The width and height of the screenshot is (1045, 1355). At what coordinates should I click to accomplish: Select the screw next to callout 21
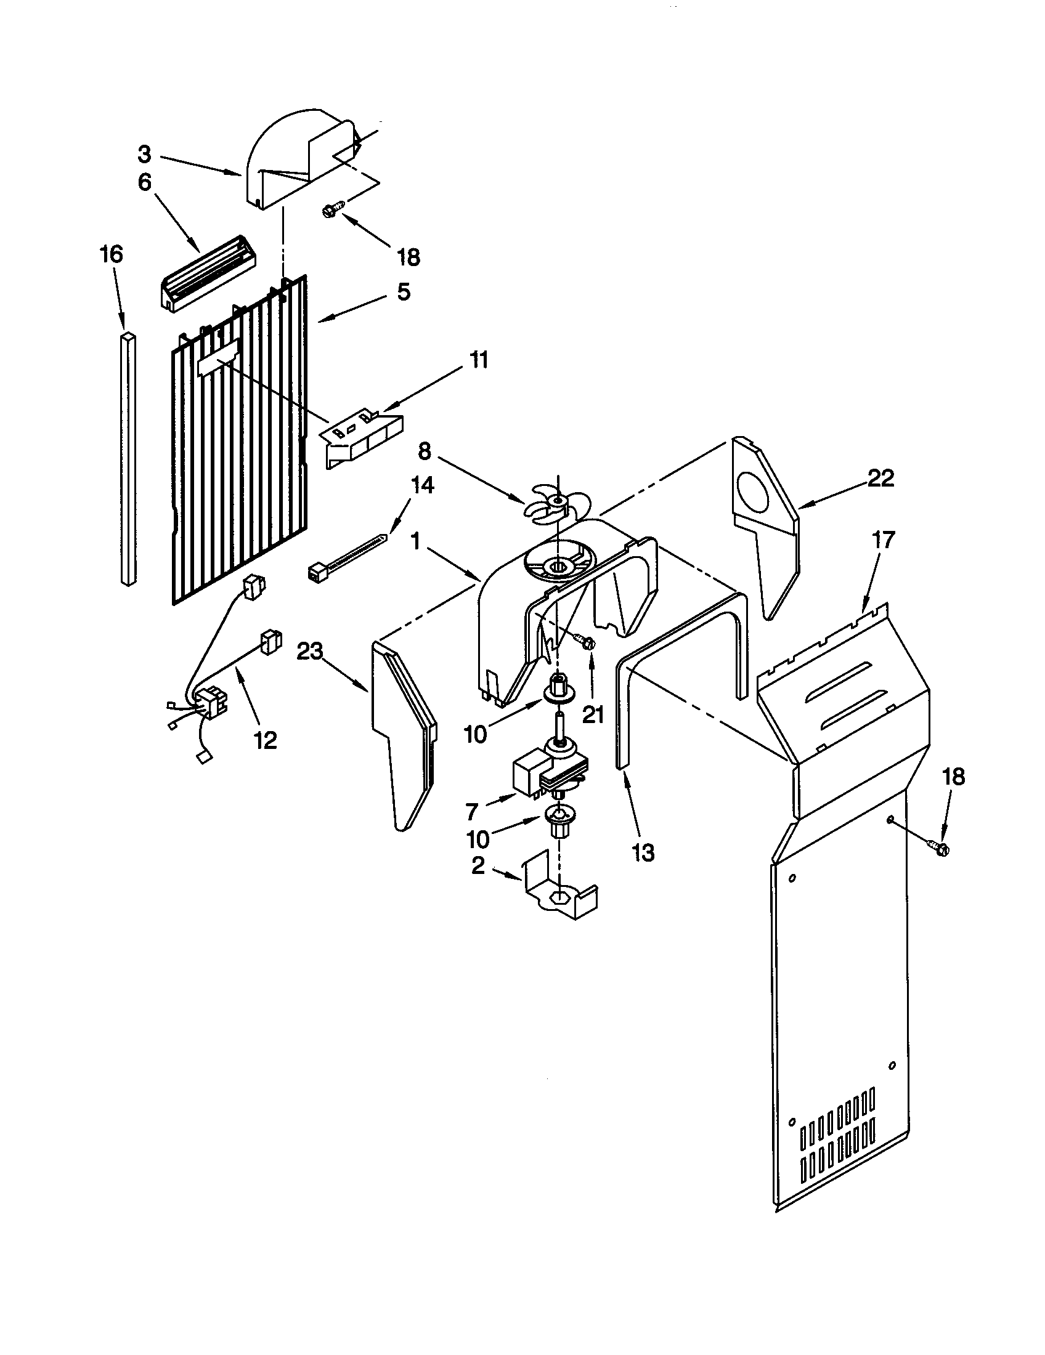[x=585, y=642]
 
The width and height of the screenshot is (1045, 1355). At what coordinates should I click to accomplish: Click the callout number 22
[x=880, y=479]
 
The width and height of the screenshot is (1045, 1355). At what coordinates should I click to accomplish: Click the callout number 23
[x=310, y=652]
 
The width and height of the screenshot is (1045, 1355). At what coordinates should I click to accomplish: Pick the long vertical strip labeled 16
[x=128, y=459]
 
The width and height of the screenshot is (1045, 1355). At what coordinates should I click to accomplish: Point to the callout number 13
[x=643, y=853]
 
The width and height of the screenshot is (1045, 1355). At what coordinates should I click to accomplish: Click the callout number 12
[x=266, y=740]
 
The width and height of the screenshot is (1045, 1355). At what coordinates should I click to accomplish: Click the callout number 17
[x=884, y=540]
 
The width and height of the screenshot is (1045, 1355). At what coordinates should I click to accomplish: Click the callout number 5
[x=404, y=291]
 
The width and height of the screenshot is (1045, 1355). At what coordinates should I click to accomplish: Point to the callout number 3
[x=144, y=153]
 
